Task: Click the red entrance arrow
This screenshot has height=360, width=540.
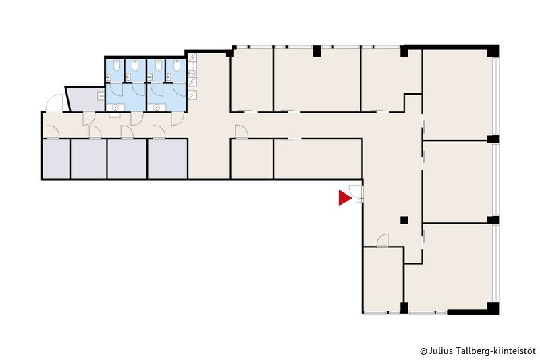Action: pyautogui.click(x=344, y=198)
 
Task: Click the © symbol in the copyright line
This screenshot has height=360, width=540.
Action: pyautogui.click(x=423, y=351)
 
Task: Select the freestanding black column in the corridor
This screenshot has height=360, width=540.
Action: pyautogui.click(x=404, y=220)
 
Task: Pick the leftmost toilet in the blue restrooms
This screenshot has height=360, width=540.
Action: pyautogui.click(x=117, y=66)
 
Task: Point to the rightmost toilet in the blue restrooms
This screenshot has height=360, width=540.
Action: pyautogui.click(x=177, y=66)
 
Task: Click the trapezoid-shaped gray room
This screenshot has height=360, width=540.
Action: pyautogui.click(x=85, y=99)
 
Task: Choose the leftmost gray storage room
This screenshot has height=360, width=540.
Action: pyautogui.click(x=56, y=159)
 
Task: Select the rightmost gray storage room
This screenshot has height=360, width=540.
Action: pyautogui.click(x=167, y=159)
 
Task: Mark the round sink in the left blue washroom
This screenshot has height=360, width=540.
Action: pyautogui.click(x=115, y=108)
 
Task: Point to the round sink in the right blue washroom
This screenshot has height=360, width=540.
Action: pyautogui.click(x=157, y=108)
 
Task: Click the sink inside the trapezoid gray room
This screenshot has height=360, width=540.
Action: pyautogui.click(x=101, y=96)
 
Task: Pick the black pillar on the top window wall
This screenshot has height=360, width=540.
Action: pyautogui.click(x=317, y=51)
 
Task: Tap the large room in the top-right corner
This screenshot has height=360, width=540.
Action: pyautogui.click(x=457, y=95)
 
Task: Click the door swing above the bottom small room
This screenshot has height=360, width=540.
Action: pyautogui.click(x=383, y=240)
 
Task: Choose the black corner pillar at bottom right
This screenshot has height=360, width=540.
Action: pyautogui.click(x=493, y=308)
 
